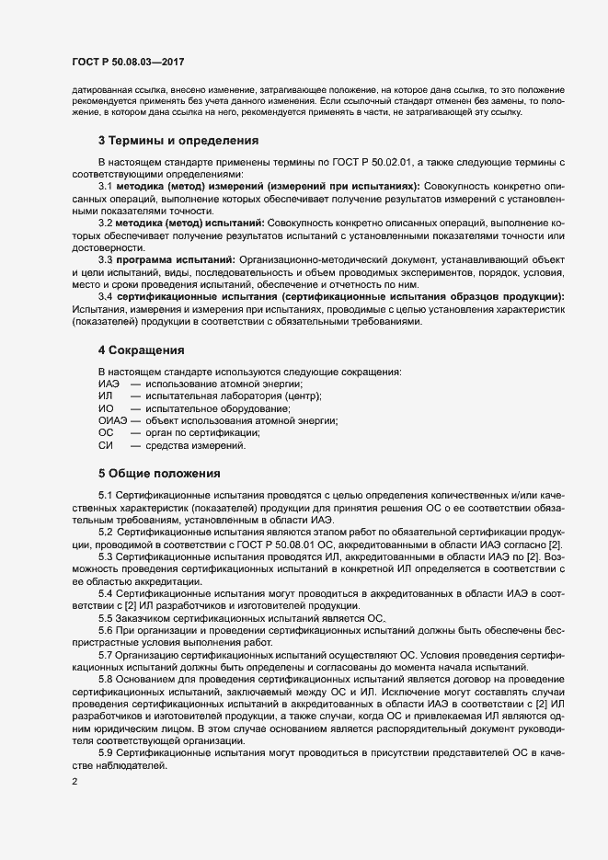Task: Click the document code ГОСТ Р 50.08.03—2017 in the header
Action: (129, 62)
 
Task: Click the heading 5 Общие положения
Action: (159, 474)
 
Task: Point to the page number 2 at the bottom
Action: (74, 783)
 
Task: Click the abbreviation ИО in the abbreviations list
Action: (105, 408)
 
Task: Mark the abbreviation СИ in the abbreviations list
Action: (105, 445)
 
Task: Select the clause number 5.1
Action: (105, 497)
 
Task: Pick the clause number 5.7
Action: (105, 652)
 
